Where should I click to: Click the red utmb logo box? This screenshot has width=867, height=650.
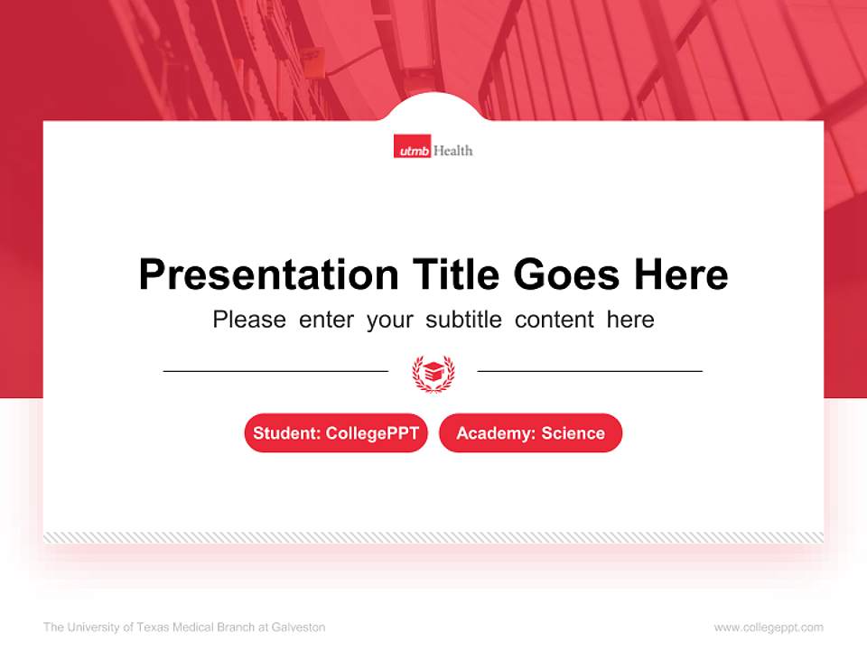click(x=412, y=149)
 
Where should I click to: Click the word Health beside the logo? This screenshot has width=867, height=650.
click(x=453, y=150)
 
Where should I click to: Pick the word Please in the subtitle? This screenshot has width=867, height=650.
click(x=249, y=320)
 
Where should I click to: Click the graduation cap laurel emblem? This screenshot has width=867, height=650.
click(x=433, y=372)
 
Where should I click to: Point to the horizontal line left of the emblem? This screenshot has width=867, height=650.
click(x=275, y=370)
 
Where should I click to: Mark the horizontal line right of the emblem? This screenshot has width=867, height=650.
click(x=590, y=370)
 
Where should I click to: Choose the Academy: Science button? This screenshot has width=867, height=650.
click(x=530, y=433)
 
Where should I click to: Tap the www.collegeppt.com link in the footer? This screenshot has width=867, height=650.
click(x=769, y=627)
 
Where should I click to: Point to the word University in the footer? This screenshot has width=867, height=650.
click(x=94, y=627)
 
